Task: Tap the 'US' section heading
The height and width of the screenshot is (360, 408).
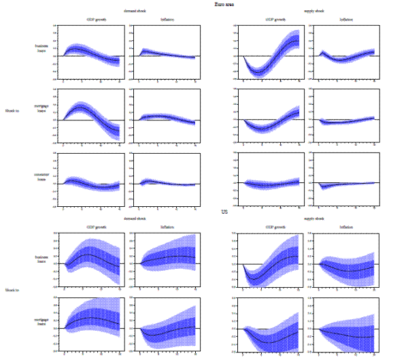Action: point(224,213)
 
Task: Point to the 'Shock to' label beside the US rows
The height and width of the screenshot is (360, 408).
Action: point(12,289)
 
